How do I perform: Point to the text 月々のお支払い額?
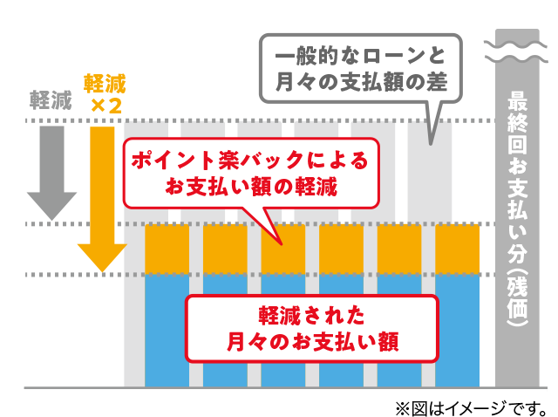click(311, 339)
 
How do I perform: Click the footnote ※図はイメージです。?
click(470, 407)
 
